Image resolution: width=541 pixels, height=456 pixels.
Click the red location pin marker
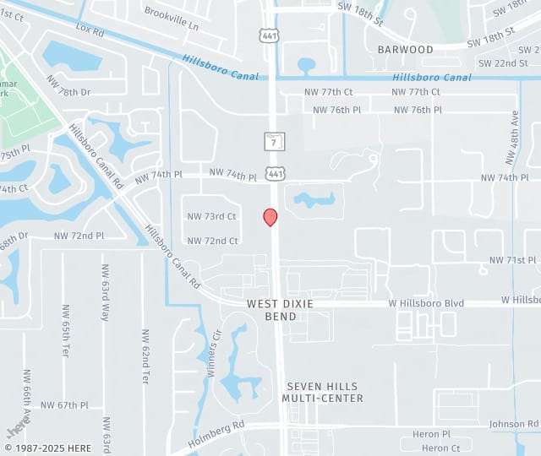[270, 217]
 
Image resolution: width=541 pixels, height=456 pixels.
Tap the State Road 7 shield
[274, 141]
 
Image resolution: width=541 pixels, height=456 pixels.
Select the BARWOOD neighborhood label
[406, 50]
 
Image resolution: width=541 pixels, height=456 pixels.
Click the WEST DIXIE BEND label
[272, 309]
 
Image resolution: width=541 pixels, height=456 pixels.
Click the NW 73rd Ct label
[211, 217]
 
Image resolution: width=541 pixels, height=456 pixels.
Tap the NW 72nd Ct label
[212, 241]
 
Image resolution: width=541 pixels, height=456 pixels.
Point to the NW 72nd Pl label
[79, 236]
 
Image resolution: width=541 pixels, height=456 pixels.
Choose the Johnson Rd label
[513, 424]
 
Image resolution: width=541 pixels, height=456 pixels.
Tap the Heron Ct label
[440, 448]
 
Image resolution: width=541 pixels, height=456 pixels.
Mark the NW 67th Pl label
[64, 405]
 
